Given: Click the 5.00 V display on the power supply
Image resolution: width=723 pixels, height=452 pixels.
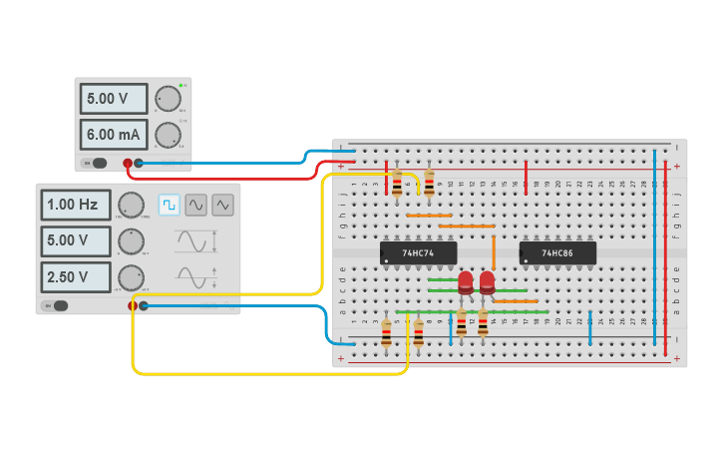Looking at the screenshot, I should coord(114,99).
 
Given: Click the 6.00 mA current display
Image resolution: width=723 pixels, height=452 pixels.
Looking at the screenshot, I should coord(114,134).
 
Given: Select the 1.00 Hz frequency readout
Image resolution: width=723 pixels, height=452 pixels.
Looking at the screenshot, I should coord(76,205).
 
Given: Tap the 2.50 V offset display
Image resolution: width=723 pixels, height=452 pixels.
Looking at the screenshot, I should coord(76,276).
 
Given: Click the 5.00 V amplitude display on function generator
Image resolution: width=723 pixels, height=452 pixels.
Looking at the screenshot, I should coord(76,240).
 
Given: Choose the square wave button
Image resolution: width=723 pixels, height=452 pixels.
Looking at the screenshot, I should coord(170,204).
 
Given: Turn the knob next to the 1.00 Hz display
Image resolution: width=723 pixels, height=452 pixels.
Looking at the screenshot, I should coord(131,205).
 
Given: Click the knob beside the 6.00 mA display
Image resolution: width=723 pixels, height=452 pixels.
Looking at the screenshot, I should coord(168,134).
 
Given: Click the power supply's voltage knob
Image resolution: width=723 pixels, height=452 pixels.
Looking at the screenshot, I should coord(168,98).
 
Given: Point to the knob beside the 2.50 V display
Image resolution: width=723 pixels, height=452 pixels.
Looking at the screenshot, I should coord(131,276).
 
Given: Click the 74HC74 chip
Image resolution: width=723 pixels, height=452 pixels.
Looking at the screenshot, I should coord(418,253).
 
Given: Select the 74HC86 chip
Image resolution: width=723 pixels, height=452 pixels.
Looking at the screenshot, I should coord(557,253).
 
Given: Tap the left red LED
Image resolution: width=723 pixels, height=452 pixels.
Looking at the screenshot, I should coord(466,283).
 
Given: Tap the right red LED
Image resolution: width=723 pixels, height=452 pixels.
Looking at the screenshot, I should coord(487,283).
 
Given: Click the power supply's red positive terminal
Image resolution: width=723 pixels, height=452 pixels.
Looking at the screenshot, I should coord(128,163).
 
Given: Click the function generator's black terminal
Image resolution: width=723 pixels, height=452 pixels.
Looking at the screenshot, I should coord(144,305).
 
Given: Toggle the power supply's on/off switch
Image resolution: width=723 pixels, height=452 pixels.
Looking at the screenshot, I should coord(96,163).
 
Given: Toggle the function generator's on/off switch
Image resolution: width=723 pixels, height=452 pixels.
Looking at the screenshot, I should coord(58,305).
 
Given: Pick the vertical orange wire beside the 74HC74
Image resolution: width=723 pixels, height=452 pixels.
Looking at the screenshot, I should coord(494,252).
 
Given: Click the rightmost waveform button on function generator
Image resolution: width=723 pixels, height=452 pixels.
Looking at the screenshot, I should coord(223,204).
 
